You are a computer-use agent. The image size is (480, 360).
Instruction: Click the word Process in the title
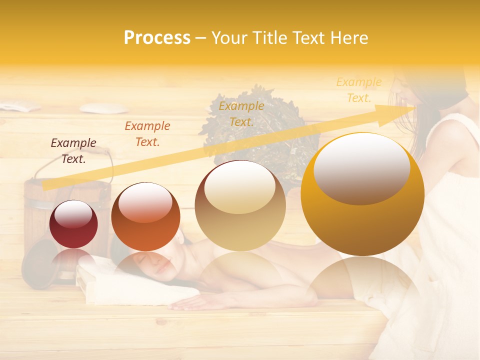tap(157, 38)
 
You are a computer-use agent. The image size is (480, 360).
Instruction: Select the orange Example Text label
tap(147, 134)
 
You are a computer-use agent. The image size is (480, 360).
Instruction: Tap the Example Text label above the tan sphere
tap(241, 113)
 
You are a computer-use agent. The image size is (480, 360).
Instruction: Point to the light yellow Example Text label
tap(358, 90)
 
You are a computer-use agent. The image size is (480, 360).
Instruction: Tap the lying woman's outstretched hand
tap(190, 302)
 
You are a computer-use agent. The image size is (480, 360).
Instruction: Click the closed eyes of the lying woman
tap(160, 265)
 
